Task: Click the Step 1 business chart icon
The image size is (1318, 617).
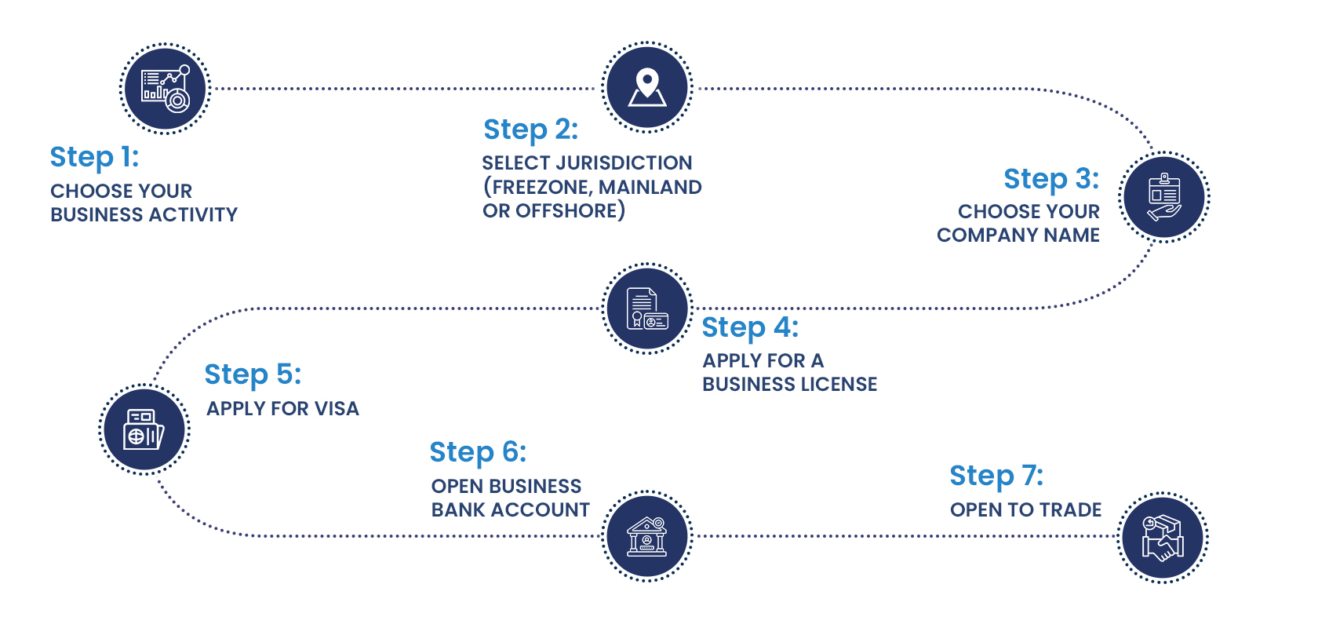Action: (165, 89)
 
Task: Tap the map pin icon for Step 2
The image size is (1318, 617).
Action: (647, 87)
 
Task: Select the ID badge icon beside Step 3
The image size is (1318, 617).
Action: (1164, 196)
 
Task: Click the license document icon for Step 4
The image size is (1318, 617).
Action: (647, 308)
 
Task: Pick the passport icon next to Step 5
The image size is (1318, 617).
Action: (144, 429)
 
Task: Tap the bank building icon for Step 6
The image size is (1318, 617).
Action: (647, 536)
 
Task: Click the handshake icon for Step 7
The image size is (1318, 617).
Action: (1163, 538)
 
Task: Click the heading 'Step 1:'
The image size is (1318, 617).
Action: (94, 157)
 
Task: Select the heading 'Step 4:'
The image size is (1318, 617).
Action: (750, 327)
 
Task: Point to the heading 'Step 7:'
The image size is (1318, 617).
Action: (996, 476)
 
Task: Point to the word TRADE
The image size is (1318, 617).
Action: (1072, 509)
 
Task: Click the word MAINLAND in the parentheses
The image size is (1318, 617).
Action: (650, 187)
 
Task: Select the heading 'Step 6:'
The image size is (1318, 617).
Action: (478, 452)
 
